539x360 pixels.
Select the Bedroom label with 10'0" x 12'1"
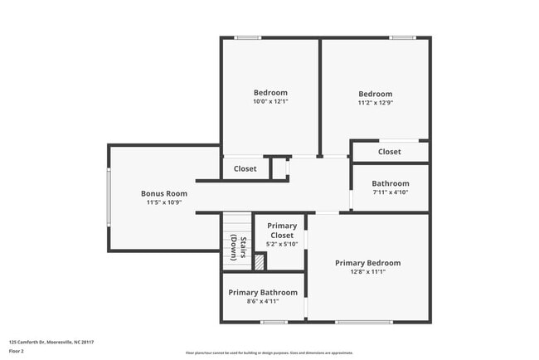270,92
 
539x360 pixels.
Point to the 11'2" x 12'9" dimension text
375,103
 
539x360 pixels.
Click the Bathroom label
390,183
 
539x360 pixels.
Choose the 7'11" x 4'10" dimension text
390,192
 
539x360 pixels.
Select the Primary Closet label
282,231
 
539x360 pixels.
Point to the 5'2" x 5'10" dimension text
282,245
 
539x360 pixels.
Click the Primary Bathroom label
263,292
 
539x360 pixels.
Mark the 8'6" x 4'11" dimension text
263,301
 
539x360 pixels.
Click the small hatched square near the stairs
260,262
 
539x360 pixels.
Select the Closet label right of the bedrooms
390,152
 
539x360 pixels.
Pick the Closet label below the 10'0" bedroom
245,168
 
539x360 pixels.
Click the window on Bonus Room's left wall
108,197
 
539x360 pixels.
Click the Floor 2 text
17,352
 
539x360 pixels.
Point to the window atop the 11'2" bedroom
403,37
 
